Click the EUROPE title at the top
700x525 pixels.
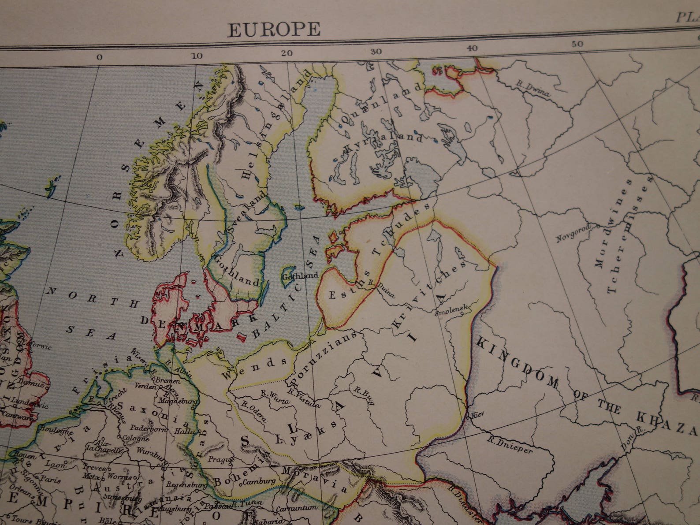tap(273, 29)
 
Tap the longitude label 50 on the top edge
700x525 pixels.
tap(577, 44)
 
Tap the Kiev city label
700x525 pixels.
tap(477, 415)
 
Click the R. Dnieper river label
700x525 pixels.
tap(510, 444)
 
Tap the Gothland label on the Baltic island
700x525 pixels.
tap(300, 276)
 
